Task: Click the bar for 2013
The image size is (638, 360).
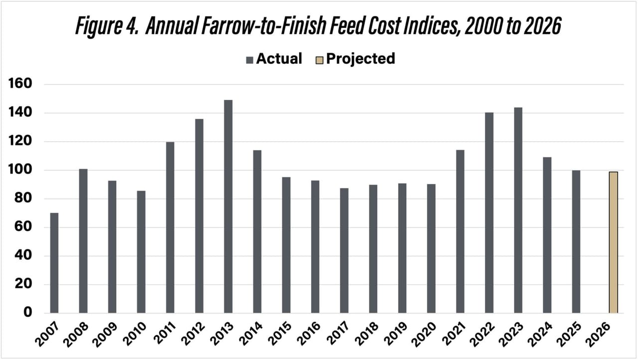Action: coord(228,206)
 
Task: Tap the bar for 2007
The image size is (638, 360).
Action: coord(54,263)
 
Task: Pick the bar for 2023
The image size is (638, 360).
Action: coord(518,210)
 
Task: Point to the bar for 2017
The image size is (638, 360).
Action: coord(344,250)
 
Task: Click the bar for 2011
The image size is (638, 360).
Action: coord(170,227)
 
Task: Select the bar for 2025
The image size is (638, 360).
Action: coord(576,241)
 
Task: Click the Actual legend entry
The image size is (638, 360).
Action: coord(274,59)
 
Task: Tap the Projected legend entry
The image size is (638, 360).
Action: coord(355,59)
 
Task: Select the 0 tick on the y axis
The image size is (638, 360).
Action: coord(28,313)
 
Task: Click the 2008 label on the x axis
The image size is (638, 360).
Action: coord(77,334)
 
